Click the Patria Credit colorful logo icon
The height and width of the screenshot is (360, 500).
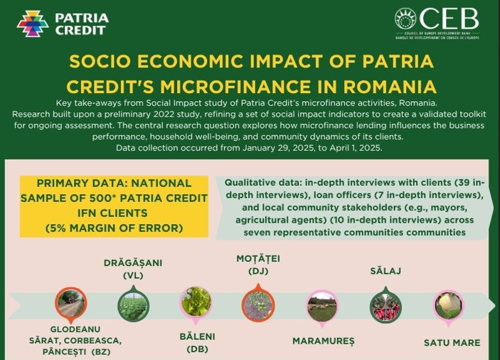point(33,23)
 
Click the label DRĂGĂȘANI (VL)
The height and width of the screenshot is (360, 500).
point(133,268)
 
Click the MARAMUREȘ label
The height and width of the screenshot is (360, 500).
point(323,341)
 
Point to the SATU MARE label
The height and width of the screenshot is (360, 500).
point(452,342)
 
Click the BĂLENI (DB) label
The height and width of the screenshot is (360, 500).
point(197,342)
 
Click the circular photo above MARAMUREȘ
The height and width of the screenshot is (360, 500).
point(321,306)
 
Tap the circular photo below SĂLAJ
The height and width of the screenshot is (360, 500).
point(385,306)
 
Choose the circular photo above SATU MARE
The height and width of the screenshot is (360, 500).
point(450,305)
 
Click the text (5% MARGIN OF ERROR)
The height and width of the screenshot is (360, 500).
point(114,228)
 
